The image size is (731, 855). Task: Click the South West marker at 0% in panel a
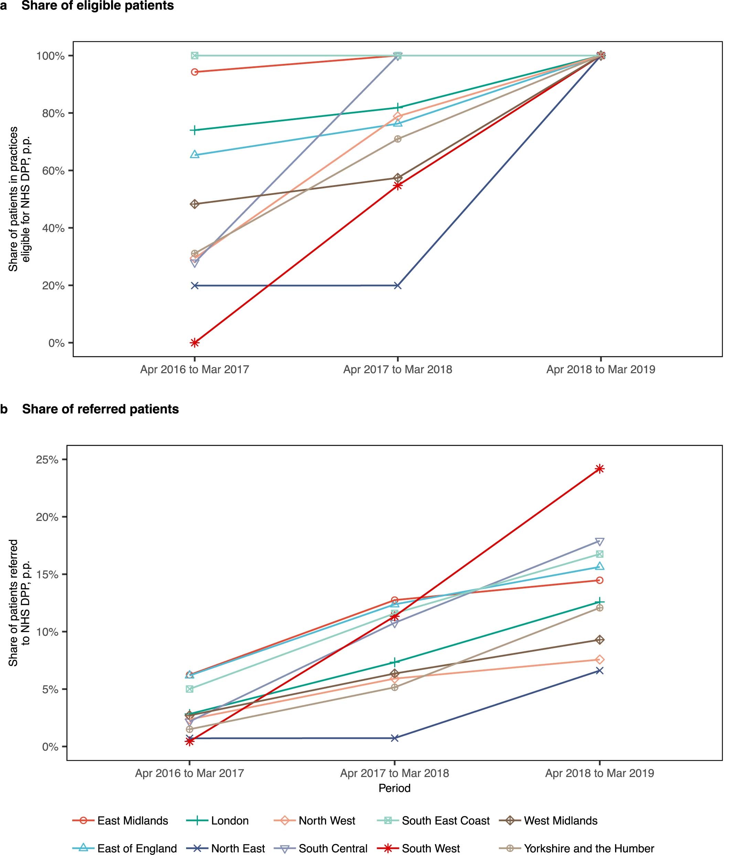tap(194, 343)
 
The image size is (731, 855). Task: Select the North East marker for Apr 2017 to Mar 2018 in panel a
tap(397, 286)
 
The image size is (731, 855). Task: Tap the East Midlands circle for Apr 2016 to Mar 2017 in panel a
tap(194, 72)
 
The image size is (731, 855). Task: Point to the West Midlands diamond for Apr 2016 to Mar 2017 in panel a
tap(194, 204)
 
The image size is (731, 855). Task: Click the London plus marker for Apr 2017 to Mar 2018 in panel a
tap(397, 108)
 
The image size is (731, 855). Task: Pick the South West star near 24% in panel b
tap(600, 469)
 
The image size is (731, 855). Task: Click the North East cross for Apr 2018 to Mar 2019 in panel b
tap(600, 671)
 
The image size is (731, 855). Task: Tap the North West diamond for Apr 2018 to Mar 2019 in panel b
tap(600, 660)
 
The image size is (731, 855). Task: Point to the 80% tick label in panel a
tap(53, 113)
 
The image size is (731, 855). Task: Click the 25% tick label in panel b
tap(47, 460)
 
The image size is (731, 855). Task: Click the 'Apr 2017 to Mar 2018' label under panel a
tap(397, 369)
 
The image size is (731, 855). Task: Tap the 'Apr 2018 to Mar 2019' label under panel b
tap(600, 773)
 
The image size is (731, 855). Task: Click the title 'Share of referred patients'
tap(100, 409)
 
